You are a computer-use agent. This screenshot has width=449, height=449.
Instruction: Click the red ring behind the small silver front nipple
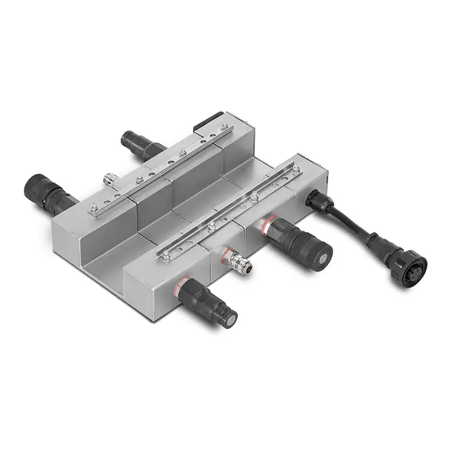[x=225, y=250]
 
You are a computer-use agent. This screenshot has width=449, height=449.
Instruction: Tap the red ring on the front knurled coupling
[x=267, y=225]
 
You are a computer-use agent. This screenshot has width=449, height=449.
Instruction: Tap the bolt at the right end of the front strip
[x=297, y=169]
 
